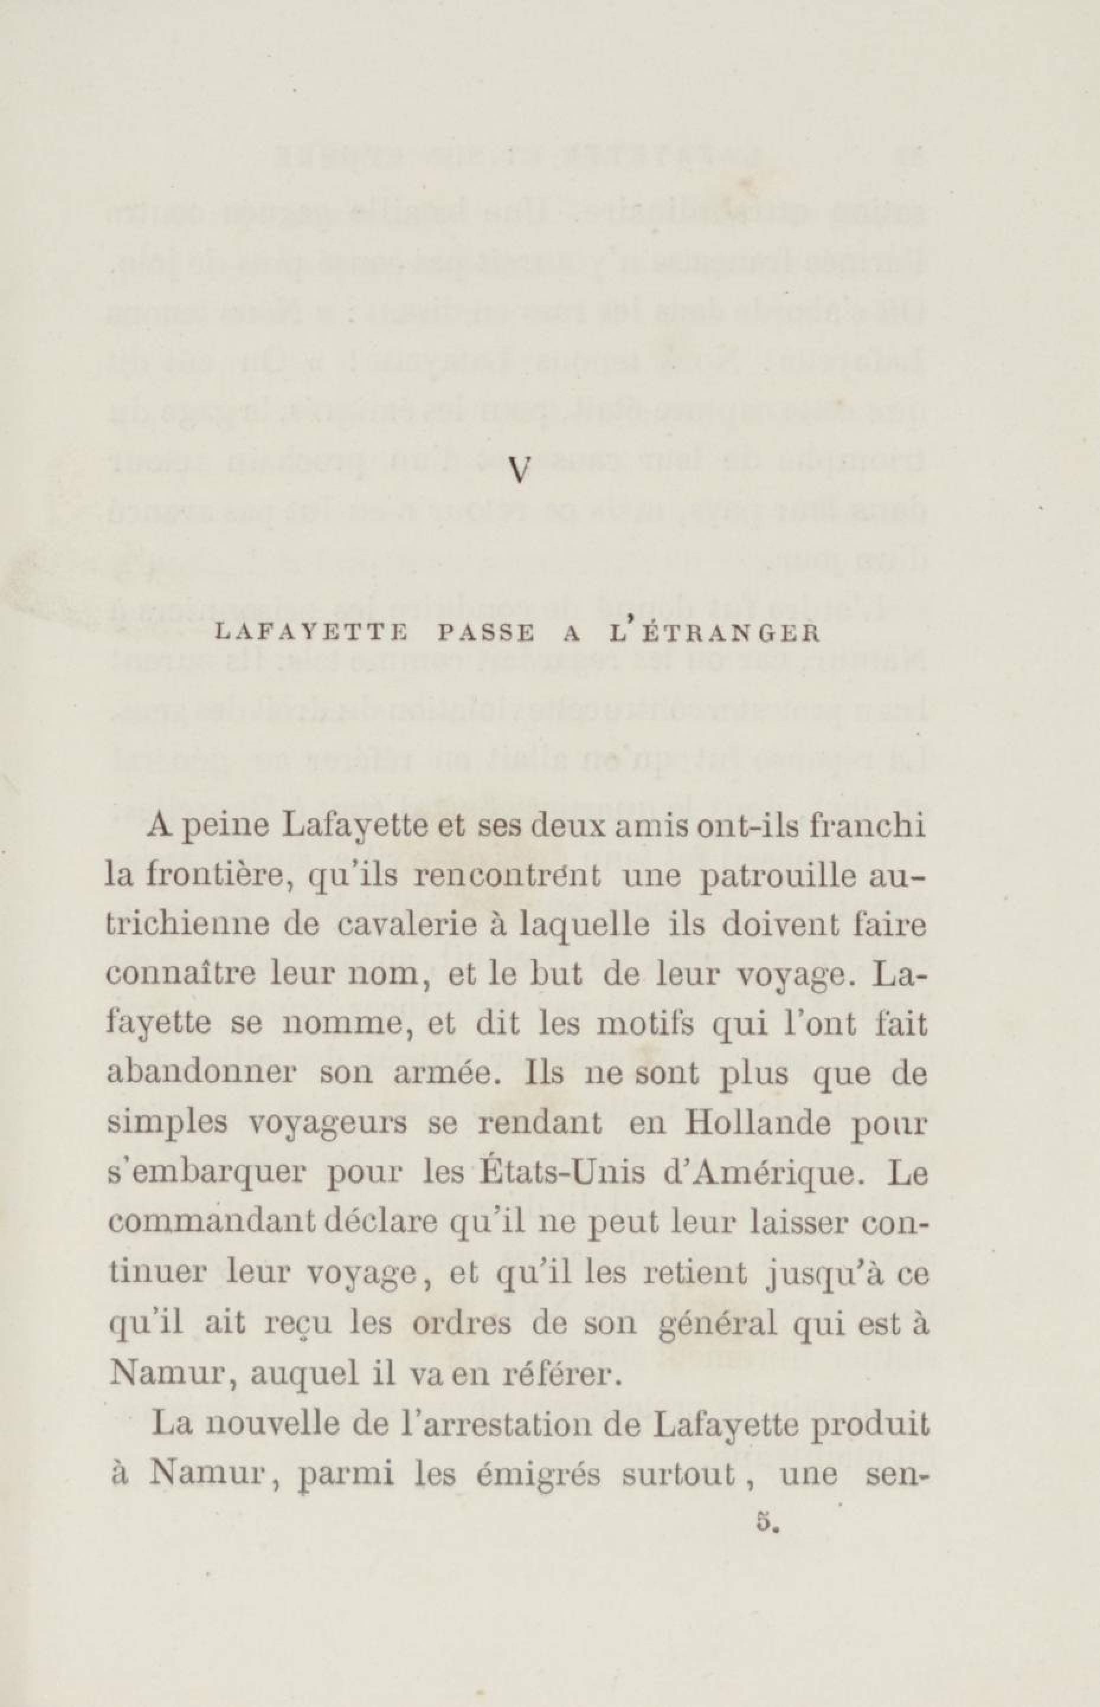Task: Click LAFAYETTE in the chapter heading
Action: pyautogui.click(x=303, y=634)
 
